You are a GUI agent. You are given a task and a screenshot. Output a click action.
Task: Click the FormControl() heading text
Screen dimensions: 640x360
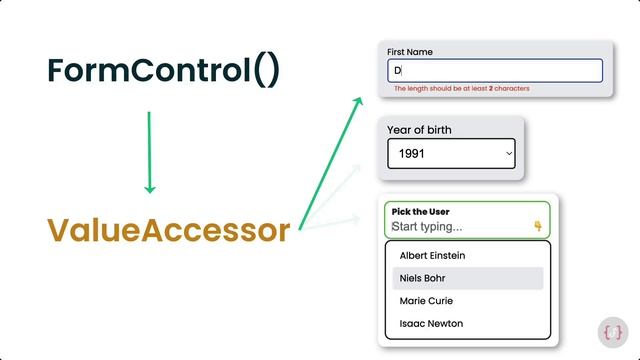[164, 71]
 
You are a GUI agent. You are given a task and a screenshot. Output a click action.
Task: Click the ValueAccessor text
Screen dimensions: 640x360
[168, 230]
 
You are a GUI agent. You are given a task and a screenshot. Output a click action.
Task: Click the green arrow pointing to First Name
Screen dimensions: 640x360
[331, 160]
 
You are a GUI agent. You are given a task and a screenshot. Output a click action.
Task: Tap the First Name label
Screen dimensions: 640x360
[410, 52]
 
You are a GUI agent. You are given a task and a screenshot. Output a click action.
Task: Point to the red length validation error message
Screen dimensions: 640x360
[461, 89]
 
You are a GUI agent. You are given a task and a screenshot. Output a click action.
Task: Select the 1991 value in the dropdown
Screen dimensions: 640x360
[412, 154]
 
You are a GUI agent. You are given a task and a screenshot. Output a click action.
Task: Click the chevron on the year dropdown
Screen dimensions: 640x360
[509, 154]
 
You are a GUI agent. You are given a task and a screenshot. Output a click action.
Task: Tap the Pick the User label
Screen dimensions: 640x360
[420, 212]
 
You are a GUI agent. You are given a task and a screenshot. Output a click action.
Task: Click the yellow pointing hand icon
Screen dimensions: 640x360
[538, 226]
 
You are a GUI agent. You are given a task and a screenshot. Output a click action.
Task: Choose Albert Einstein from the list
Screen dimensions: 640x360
[432, 256]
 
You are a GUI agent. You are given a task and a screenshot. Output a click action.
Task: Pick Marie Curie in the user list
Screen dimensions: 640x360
[426, 301]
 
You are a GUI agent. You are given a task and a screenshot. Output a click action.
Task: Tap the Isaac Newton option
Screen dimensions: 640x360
[431, 324]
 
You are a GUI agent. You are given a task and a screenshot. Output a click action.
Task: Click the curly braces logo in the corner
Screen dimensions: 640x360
[614, 332]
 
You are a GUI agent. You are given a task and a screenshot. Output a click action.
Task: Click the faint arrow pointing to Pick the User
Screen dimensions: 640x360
[340, 221]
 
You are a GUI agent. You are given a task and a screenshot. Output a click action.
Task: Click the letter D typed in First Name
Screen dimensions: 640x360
[396, 71]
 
